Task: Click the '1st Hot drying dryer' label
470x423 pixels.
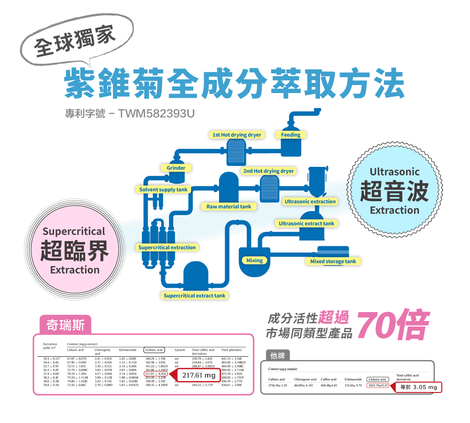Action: point(236,135)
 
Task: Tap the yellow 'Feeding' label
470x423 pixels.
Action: point(291,135)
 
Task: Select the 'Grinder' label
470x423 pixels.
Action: point(176,168)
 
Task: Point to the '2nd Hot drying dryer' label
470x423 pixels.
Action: point(268,171)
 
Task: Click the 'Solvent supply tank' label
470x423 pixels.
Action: point(163,189)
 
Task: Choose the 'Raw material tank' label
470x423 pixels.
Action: point(229,206)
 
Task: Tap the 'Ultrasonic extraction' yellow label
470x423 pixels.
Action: point(310,202)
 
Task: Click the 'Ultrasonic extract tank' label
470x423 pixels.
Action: point(306,223)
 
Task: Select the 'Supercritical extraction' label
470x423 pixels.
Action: point(167,247)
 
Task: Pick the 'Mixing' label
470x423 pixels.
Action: point(254,260)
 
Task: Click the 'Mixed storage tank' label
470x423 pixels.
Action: point(333,261)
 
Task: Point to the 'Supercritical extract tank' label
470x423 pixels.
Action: point(194,296)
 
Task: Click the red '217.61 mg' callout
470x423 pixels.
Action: point(198,376)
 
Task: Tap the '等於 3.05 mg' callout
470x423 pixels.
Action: point(418,387)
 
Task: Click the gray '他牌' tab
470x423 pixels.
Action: point(278,355)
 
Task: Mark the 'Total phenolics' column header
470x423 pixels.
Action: point(231,350)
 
